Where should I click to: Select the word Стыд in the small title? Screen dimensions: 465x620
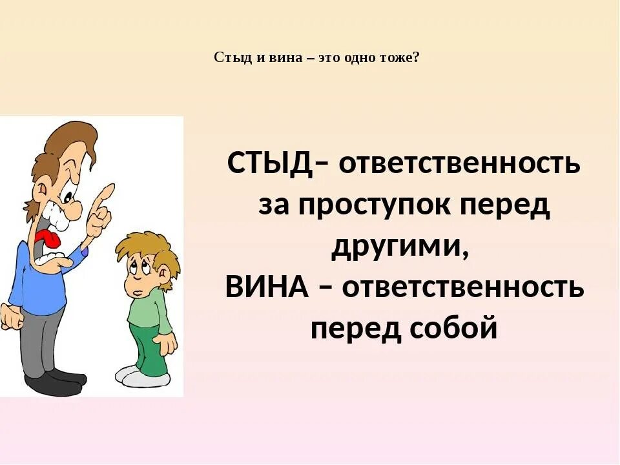click(x=229, y=57)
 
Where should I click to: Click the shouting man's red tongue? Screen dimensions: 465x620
click(x=48, y=240)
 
